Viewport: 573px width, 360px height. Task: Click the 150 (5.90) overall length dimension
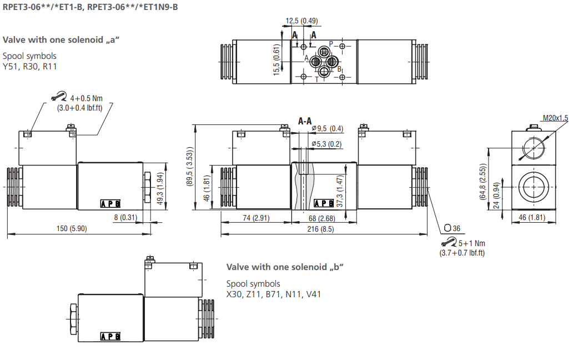(x=71, y=228)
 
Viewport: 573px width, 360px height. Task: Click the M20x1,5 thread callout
(x=555, y=118)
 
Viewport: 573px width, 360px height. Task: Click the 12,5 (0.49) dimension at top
(x=301, y=21)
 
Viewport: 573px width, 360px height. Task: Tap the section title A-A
(x=305, y=121)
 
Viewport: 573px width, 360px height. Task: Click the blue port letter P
(x=331, y=43)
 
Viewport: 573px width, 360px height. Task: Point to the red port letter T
(x=317, y=79)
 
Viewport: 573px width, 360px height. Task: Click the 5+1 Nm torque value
(x=471, y=243)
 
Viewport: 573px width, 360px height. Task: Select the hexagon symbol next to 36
(x=448, y=228)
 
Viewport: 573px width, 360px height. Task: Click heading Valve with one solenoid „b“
(x=285, y=267)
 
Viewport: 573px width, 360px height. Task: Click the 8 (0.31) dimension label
(x=125, y=217)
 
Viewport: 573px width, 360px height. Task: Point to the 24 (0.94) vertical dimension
(x=497, y=198)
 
